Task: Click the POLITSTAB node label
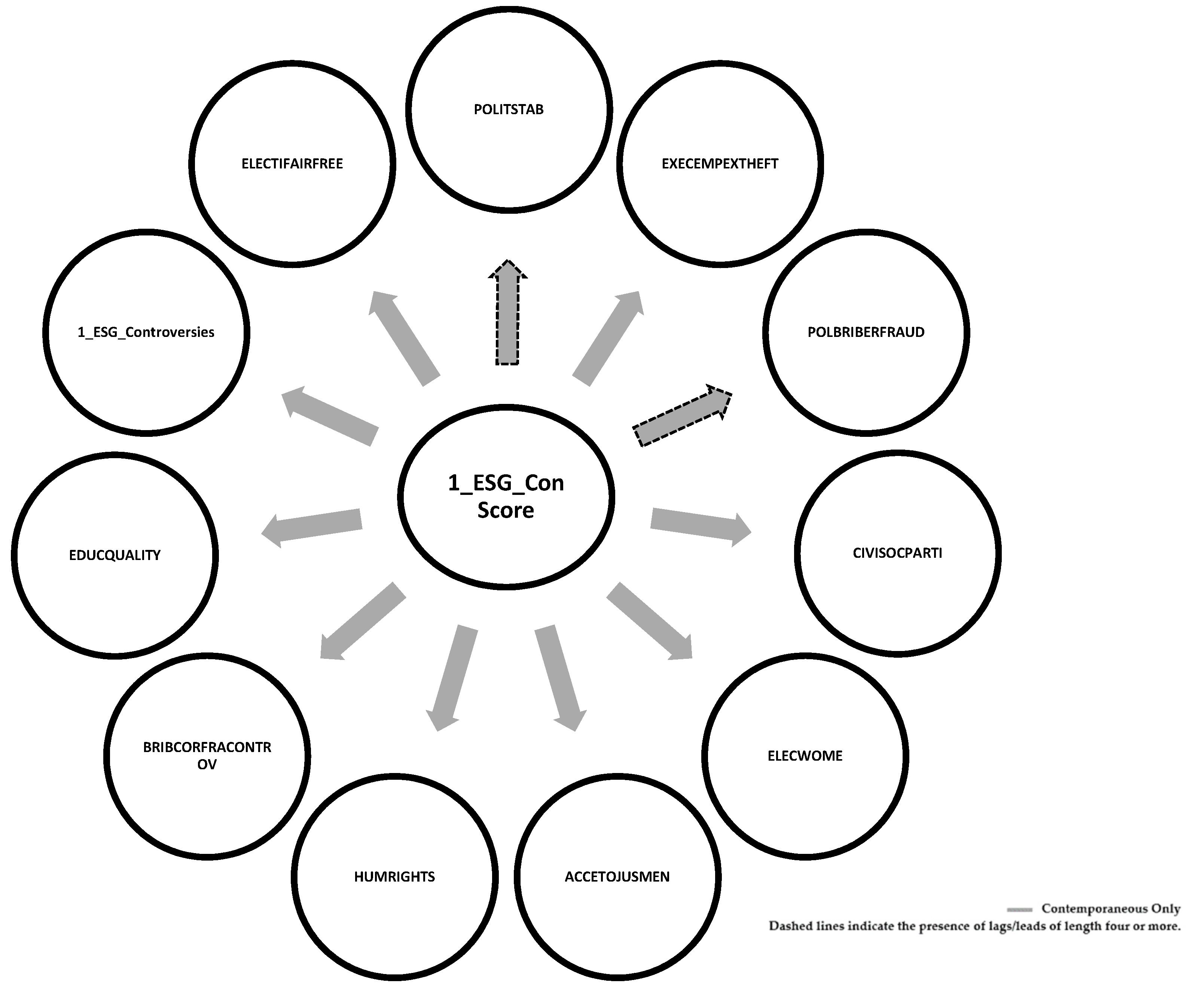pyautogui.click(x=508, y=109)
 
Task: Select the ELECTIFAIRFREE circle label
pyautogui.click(x=292, y=164)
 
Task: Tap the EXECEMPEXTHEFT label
pyautogui.click(x=720, y=164)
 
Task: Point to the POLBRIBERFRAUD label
pyautogui.click(x=865, y=332)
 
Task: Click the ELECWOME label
pyautogui.click(x=805, y=755)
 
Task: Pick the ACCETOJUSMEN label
pyautogui.click(x=617, y=877)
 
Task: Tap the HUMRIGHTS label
pyautogui.click(x=394, y=877)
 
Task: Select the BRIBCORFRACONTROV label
pyautogui.click(x=207, y=755)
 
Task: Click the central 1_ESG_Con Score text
pyautogui.click(x=506, y=496)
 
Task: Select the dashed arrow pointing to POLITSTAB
pyautogui.click(x=507, y=314)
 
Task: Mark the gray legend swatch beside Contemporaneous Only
pyautogui.click(x=1019, y=910)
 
